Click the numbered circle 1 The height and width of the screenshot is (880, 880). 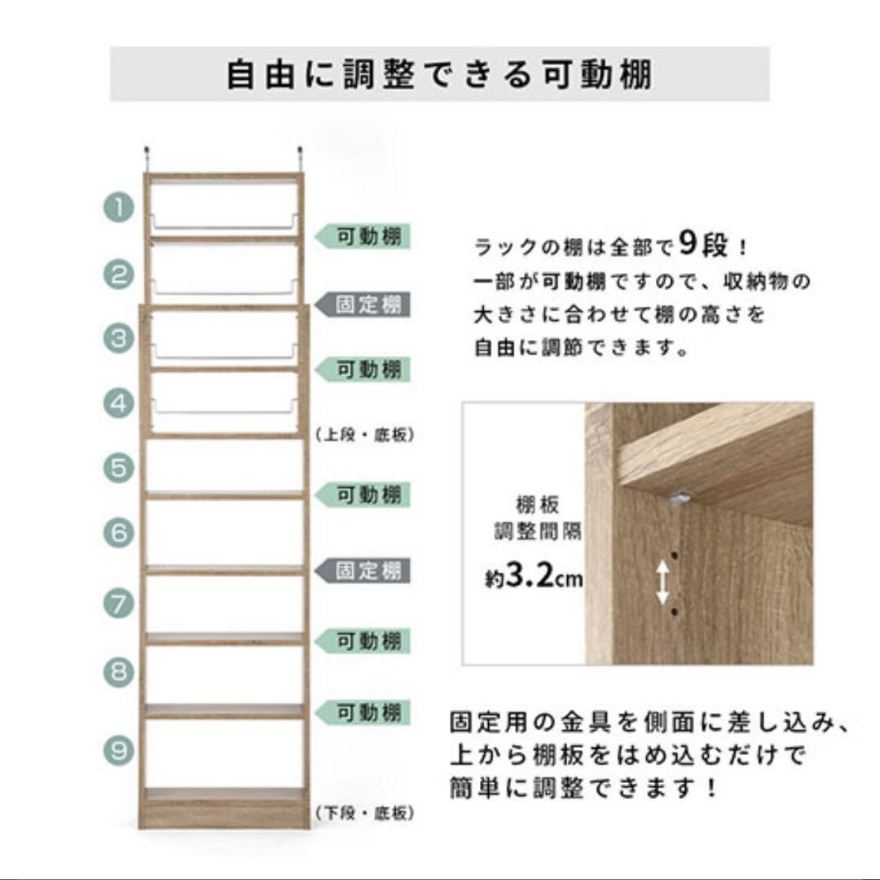[118, 208]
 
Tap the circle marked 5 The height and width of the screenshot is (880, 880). [118, 468]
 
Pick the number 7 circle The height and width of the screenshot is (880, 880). [118, 604]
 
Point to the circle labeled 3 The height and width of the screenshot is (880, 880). [118, 338]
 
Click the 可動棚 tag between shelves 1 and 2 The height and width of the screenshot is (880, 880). [364, 237]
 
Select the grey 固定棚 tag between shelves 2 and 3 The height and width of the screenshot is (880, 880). [364, 306]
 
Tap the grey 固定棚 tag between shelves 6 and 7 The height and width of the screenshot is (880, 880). [364, 570]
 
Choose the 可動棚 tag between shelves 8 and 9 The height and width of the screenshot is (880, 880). [364, 713]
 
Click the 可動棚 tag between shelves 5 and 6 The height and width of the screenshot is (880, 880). [364, 495]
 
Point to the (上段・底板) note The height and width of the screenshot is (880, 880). [364, 436]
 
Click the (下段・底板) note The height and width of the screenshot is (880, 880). [364, 813]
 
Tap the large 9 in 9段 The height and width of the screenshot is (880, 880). [686, 243]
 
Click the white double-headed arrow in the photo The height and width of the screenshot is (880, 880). [663, 582]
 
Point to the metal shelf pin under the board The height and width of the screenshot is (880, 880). [681, 495]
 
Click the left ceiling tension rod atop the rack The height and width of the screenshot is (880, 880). [148, 158]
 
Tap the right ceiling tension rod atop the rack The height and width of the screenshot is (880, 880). [300, 158]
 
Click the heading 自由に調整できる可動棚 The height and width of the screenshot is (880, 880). [439, 74]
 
